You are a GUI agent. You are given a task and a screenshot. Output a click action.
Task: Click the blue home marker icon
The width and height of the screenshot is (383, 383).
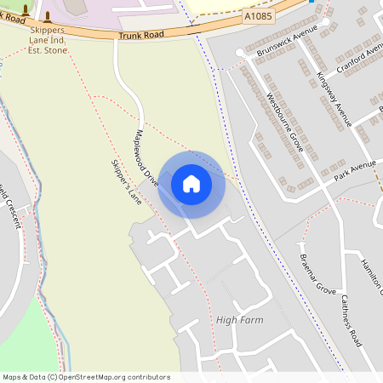191,184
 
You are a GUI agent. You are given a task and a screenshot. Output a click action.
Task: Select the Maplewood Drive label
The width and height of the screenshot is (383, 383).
146,158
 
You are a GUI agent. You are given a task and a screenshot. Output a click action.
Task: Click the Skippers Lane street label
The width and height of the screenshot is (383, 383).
125,182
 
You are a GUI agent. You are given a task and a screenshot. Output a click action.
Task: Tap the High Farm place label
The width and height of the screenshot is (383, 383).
239,320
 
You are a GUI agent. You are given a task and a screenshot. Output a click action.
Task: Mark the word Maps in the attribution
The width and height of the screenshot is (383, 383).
12,376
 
